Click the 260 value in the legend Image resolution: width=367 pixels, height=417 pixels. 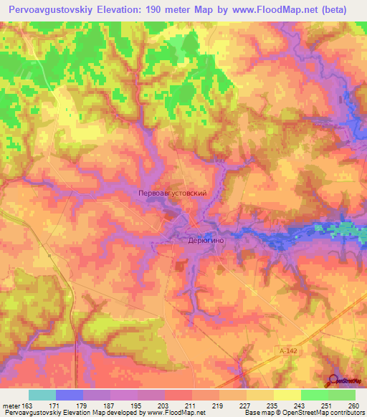click(353, 406)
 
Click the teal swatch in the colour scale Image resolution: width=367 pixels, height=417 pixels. click(42, 395)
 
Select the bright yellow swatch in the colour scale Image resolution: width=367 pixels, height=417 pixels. click(287, 395)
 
